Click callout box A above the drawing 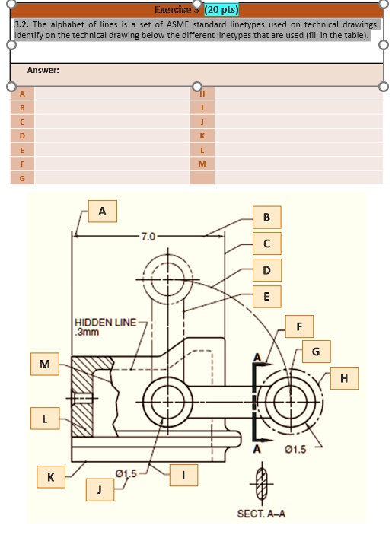pos(103,211)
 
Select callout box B pos(266,218)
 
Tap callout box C pos(266,244)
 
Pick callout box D pos(266,270)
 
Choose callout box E pos(266,296)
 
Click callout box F pos(299,326)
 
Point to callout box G pos(316,352)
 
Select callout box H pos(345,378)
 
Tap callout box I pos(183,475)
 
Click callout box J pos(99,489)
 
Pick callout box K pos(51,477)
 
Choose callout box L pos(45,419)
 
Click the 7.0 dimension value pos(148,237)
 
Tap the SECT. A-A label pos(261,514)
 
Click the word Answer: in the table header pos(43,71)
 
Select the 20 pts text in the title pos(220,10)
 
